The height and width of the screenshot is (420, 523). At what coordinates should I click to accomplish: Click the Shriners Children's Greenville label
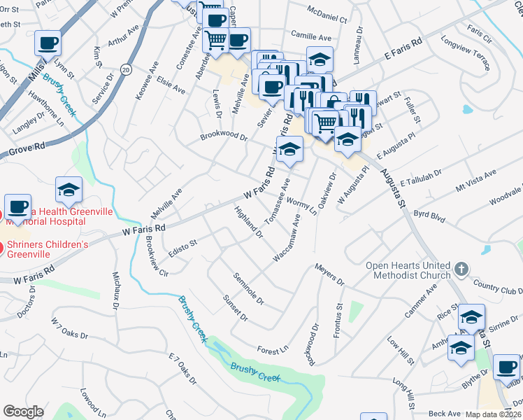point(48,248)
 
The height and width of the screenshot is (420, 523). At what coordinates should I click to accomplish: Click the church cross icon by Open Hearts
point(461,269)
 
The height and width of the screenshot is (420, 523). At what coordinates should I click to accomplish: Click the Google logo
point(23,412)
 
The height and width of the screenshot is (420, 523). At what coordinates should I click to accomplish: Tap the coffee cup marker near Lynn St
point(48,43)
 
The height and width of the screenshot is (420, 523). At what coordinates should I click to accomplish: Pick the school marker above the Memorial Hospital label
point(69,189)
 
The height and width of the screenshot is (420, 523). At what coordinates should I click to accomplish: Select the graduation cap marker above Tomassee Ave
point(289,148)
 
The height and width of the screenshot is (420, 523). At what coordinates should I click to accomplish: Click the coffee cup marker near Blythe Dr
point(506,367)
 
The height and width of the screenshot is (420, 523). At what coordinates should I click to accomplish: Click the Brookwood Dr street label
point(224,137)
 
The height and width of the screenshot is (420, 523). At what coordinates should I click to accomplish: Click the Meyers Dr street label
point(329,274)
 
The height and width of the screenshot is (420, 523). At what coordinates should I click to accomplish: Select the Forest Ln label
point(272,349)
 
